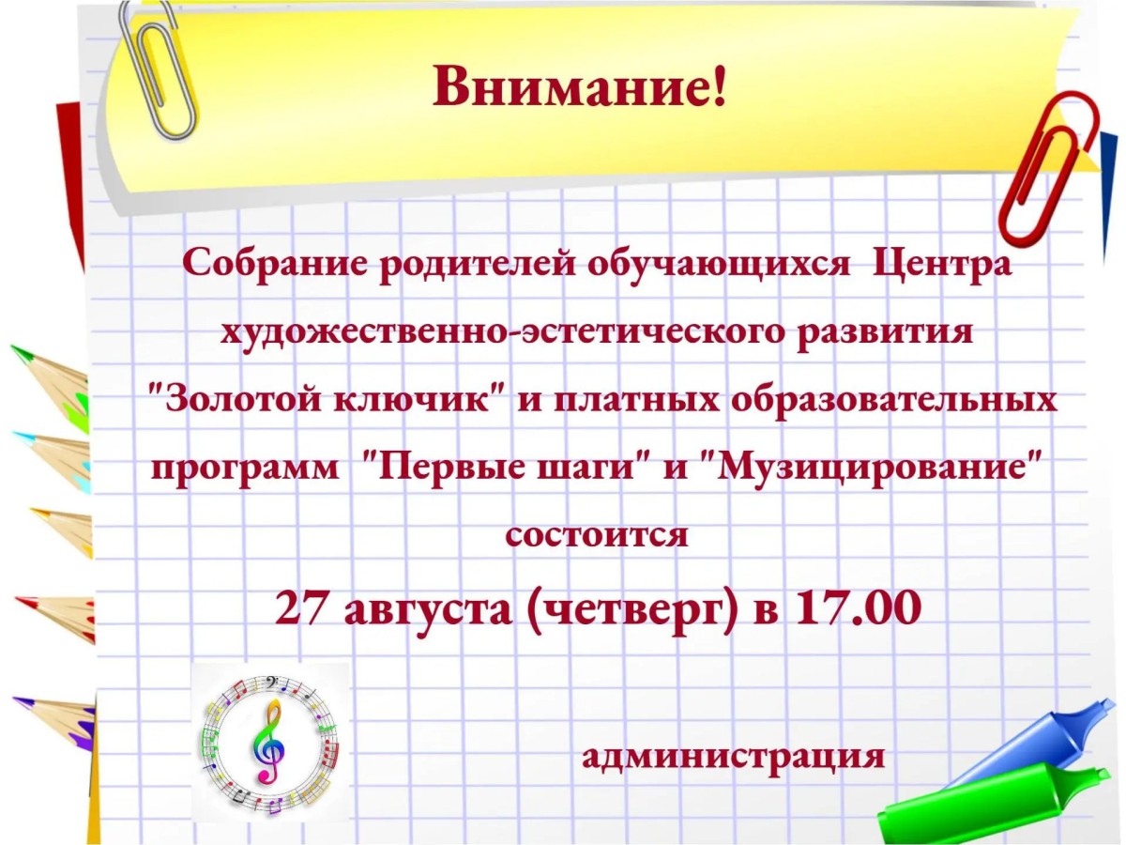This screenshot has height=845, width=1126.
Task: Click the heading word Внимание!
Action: [x=579, y=86]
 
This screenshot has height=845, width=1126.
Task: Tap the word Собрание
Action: [x=273, y=266]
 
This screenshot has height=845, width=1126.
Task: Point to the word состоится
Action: [x=597, y=535]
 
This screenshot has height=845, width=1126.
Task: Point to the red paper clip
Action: [x=1048, y=169]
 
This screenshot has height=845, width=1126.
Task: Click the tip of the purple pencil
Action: [x=15, y=699]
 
